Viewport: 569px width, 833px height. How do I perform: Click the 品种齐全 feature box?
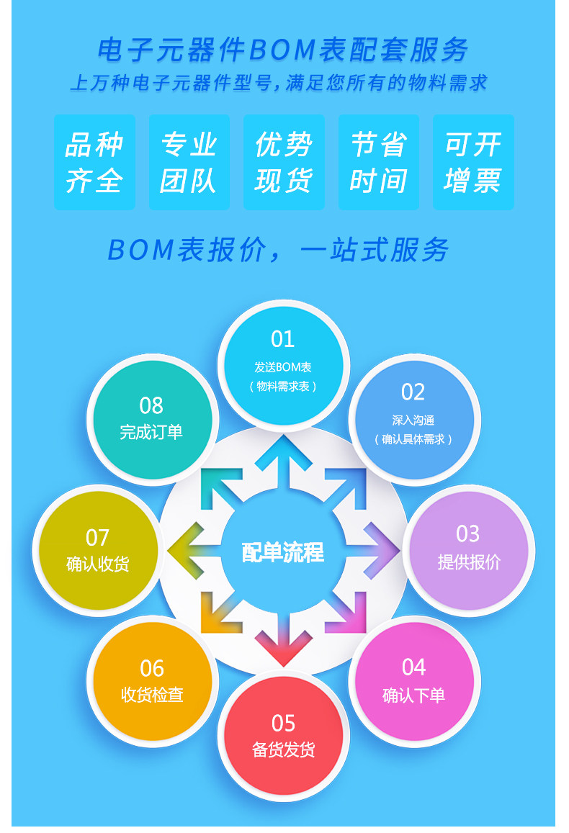coord(94,162)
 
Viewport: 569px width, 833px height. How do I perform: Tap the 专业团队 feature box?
coord(189,162)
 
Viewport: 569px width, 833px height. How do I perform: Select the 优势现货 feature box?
coord(284,162)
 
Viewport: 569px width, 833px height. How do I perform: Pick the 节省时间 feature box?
coord(379,162)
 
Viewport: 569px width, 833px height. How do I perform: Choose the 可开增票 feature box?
coord(473,162)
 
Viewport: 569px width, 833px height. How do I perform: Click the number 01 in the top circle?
coord(283,339)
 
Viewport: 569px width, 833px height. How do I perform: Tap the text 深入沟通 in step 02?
coord(413,420)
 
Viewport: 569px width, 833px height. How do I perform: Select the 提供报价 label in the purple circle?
coord(469,562)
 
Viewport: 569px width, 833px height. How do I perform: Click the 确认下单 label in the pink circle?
coord(414,695)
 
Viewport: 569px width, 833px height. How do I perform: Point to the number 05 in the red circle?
coord(283,723)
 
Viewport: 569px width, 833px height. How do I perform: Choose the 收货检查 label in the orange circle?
coord(152,695)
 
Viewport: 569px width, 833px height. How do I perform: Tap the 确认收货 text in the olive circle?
coord(98,564)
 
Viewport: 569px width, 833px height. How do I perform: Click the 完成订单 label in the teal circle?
coord(151,432)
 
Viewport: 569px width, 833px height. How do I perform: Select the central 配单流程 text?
coord(283,553)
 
